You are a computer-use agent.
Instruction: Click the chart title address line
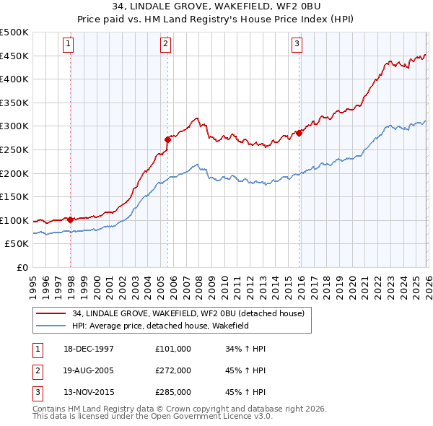click(x=216, y=7)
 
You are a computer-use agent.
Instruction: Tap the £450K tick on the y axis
click(x=14, y=56)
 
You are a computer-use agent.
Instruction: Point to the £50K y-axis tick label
click(x=17, y=244)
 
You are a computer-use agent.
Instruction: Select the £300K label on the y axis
click(x=14, y=126)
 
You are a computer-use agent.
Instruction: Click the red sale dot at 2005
click(x=167, y=139)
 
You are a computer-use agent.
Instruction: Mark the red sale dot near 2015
click(x=298, y=133)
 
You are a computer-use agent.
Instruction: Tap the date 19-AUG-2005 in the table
click(x=89, y=370)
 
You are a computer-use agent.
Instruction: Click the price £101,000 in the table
click(x=173, y=349)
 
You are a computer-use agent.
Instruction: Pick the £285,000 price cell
click(x=173, y=392)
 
